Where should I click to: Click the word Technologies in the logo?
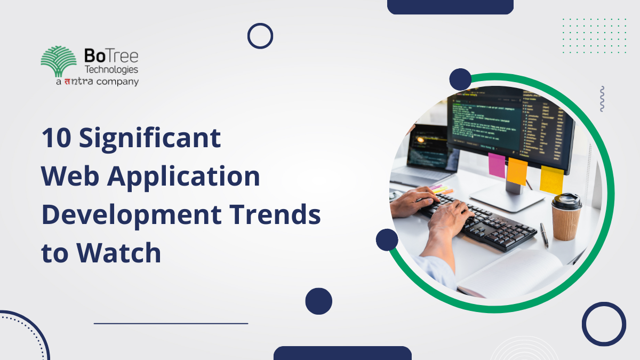[111, 69]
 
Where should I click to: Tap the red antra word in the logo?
[79, 82]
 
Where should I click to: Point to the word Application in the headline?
[183, 177]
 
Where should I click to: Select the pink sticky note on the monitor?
[497, 165]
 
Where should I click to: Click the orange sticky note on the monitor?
[517, 171]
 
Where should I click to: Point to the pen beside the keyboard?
[544, 235]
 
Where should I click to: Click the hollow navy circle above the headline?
[260, 36]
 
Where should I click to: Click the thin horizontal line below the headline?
[171, 323]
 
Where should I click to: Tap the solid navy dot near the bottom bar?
[318, 301]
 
